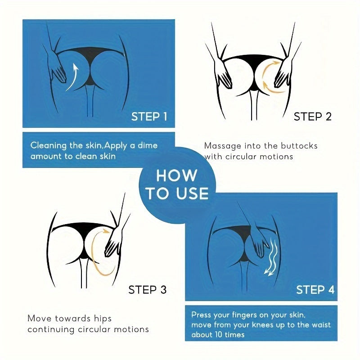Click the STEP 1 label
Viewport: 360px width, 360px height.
coord(149,117)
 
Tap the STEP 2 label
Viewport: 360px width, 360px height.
coord(313,117)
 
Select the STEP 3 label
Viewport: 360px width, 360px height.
coord(148,289)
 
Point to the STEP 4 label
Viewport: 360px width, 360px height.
coord(315,289)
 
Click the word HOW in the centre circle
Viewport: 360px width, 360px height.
coord(176,175)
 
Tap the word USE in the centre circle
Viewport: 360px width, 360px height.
coord(193,193)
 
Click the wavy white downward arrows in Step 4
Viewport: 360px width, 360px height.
coord(272,257)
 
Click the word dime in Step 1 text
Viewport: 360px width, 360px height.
coord(148,145)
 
